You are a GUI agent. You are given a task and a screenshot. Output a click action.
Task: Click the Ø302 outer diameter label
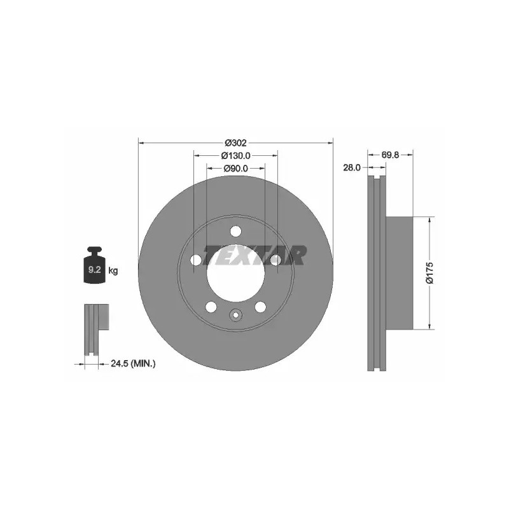[235, 143]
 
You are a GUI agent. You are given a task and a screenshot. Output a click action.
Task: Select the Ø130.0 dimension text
[235, 156]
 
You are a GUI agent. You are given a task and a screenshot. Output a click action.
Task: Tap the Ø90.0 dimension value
[235, 169]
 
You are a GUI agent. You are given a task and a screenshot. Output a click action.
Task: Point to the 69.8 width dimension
[390, 155]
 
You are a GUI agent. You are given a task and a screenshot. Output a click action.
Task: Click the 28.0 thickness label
[352, 167]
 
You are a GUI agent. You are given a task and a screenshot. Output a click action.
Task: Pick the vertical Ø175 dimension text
[430, 273]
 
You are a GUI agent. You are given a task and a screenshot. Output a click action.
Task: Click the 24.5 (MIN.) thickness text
[133, 363]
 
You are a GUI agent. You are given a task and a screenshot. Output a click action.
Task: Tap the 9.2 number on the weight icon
[94, 269]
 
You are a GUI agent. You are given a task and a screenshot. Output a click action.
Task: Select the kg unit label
[113, 270]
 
